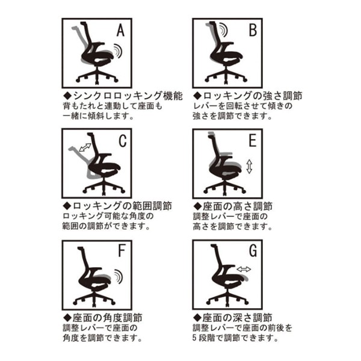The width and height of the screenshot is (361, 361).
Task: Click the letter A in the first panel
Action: pyautogui.click(x=120, y=31)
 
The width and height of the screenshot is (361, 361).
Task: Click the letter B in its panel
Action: pyautogui.click(x=253, y=30)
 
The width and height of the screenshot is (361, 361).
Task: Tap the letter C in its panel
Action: pyautogui.click(x=123, y=141)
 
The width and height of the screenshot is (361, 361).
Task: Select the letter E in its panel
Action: pyautogui.click(x=253, y=140)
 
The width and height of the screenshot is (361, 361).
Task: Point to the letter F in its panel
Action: pyautogui.click(x=122, y=251)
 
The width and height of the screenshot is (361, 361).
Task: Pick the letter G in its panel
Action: pyautogui.click(x=253, y=251)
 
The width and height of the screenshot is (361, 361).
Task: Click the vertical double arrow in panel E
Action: pyautogui.click(x=249, y=167)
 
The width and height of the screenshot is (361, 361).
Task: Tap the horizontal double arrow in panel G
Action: pyautogui.click(x=244, y=269)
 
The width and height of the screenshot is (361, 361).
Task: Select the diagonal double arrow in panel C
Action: pyautogui.click(x=85, y=147)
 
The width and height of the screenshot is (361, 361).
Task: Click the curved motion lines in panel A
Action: pyautogui.click(x=118, y=51)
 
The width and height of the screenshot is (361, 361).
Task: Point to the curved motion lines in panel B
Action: pyautogui.click(x=223, y=30)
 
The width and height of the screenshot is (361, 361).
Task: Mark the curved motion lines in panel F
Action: pyautogui.click(x=119, y=277)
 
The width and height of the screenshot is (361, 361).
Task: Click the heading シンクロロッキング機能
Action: pyautogui.click(x=128, y=96)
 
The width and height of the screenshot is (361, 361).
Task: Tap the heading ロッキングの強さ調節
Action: pyautogui.click(x=252, y=96)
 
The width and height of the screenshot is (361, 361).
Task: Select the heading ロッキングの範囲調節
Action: pyautogui.click(x=122, y=206)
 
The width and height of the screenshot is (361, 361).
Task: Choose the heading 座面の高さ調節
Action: pyautogui.click(x=238, y=206)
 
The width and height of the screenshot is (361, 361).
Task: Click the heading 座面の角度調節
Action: pyautogui.click(x=108, y=318)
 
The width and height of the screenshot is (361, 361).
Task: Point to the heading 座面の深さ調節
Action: pyautogui.click(x=238, y=318)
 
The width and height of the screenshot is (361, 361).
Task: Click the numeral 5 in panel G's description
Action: pyautogui.click(x=195, y=338)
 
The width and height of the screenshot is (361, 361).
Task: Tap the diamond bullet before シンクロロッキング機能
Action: pyautogui.click(x=67, y=96)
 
